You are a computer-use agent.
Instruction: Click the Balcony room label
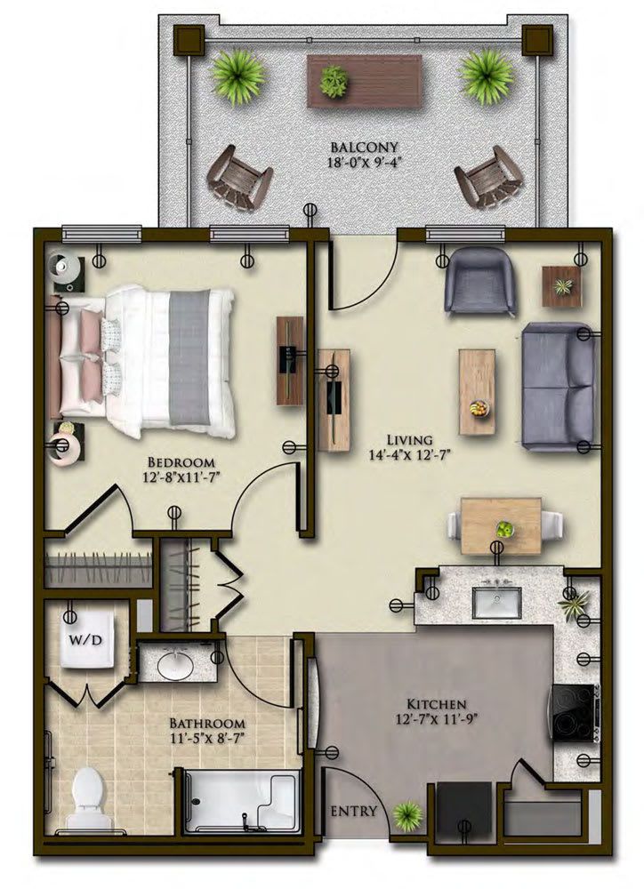click(x=363, y=147)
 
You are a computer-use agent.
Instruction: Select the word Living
click(x=409, y=440)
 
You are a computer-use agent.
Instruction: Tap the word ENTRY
click(x=355, y=811)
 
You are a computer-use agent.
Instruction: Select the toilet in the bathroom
click(x=89, y=793)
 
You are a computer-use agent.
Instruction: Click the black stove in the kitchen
click(x=576, y=713)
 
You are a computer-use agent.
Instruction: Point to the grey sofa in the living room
click(x=558, y=387)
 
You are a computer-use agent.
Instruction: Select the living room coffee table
click(x=477, y=391)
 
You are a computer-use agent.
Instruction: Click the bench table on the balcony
click(x=364, y=79)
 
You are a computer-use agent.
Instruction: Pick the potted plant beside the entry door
click(x=407, y=813)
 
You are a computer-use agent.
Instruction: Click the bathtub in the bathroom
click(x=241, y=801)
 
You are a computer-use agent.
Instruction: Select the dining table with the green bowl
click(x=501, y=525)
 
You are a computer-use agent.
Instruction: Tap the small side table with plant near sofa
click(x=562, y=286)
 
